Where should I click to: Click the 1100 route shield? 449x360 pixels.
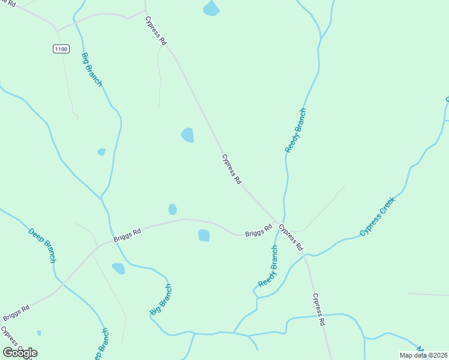pos(61,49)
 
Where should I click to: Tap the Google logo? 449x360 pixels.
pos(20,353)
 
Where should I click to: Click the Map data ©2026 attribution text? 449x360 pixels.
pos(423,355)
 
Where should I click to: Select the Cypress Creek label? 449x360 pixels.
pos(378,216)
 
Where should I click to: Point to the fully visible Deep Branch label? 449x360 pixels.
pos(42,245)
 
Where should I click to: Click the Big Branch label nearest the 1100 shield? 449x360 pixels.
pos(92,70)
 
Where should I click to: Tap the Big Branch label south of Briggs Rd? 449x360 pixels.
pos(160,299)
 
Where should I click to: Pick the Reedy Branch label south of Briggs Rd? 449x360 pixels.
pos(268,265)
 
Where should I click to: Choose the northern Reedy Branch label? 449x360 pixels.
pos(295,130)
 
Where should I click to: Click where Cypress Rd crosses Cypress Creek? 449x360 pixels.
pos(306,255)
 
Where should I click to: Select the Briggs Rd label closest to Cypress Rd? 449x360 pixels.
pos(259,230)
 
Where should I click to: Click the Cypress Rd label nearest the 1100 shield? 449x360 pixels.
pos(155,31)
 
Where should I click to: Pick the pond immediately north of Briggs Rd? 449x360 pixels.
pos(173,209)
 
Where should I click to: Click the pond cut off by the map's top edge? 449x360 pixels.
pos(211,8)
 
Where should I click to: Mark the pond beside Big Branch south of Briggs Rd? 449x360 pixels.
pos(119,268)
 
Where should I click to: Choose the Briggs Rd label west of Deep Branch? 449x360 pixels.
pos(16,313)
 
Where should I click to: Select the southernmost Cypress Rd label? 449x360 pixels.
pos(319,310)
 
